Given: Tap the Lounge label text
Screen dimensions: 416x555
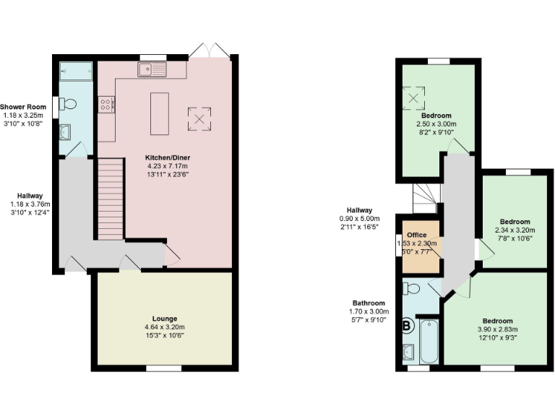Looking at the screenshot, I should tap(164, 318).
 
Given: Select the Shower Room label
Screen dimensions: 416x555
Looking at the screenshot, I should tap(23, 107).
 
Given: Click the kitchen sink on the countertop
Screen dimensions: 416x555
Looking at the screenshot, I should tap(152, 69).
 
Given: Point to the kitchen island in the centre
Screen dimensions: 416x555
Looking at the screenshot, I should tap(160, 113).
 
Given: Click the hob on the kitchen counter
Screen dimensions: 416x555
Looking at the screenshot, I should tap(106, 105).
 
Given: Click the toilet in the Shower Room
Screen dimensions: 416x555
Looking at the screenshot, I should tap(69, 104).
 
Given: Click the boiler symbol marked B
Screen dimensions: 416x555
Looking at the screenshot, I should tap(407, 326).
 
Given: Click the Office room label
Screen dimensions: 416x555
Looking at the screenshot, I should tap(416, 235).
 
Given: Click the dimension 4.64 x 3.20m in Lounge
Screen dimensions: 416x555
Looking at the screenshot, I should tap(164, 326).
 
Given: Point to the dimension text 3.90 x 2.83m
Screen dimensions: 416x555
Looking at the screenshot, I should tap(497, 329).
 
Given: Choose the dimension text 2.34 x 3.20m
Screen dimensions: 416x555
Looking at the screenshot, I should tap(514, 230).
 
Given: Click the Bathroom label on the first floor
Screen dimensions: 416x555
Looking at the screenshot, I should tap(369, 303).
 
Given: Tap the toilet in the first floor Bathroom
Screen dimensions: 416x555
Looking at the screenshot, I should tap(412, 289).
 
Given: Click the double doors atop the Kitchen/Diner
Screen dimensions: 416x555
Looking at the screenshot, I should tap(210, 51).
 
